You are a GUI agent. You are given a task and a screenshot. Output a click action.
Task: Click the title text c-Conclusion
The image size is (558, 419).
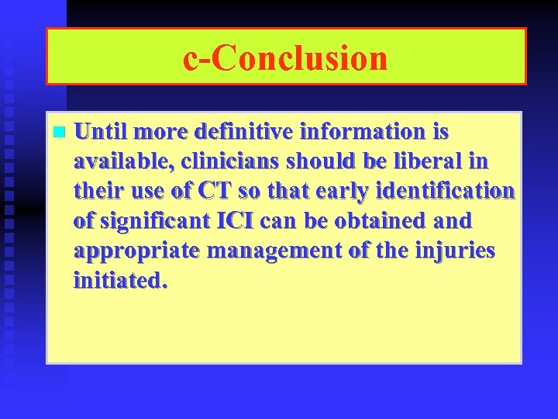[x=285, y=58]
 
